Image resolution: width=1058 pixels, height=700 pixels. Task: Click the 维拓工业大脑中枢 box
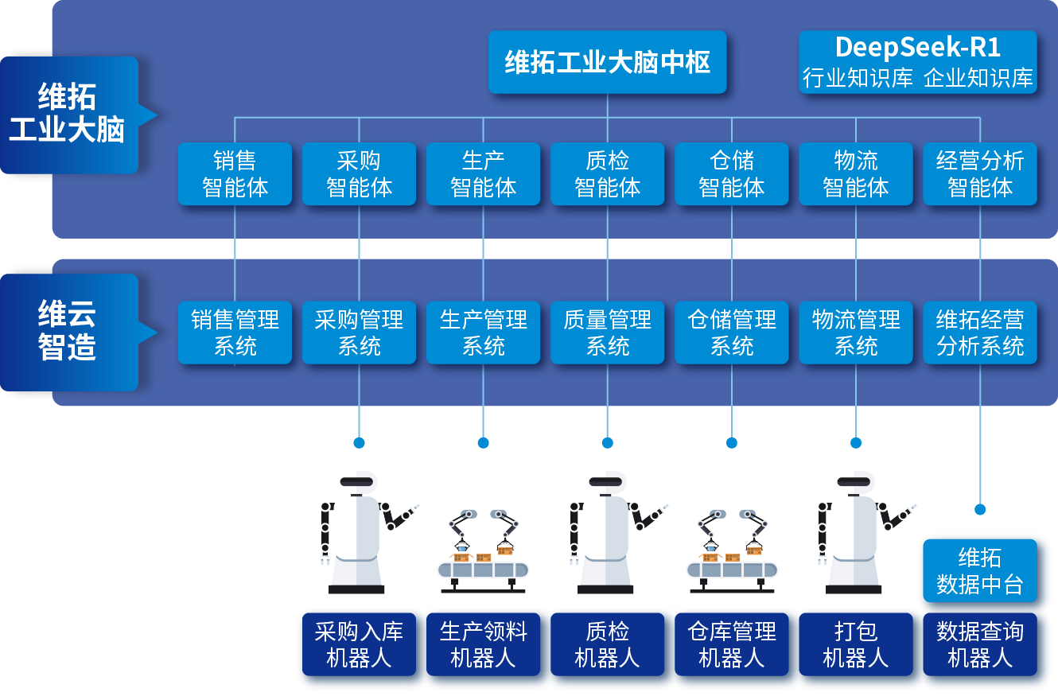[x=607, y=62]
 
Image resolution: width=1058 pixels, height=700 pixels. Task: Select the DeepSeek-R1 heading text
[x=917, y=48]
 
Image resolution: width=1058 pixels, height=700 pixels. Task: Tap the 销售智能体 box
[x=235, y=174]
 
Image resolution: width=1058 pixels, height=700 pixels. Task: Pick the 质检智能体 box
[x=607, y=174]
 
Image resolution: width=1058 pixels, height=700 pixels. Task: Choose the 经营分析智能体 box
[x=980, y=174]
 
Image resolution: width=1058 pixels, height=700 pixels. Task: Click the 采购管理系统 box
[x=359, y=332]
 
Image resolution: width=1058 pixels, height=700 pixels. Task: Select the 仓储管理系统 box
[x=731, y=332]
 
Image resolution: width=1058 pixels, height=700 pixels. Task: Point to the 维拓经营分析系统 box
[x=980, y=332]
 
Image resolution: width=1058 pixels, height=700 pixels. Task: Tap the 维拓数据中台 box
[x=980, y=570]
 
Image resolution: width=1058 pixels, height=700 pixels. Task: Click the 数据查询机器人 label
[x=980, y=645]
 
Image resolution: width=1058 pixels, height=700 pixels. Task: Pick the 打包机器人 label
[x=855, y=645]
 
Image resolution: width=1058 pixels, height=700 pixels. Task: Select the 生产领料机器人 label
[x=483, y=645]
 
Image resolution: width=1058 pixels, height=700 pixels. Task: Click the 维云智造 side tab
[x=70, y=332]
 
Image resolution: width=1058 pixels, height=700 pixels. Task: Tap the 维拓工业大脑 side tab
[x=70, y=115]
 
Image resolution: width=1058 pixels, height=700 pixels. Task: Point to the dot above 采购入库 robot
[x=359, y=443]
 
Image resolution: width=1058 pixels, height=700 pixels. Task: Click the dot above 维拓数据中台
[x=980, y=509]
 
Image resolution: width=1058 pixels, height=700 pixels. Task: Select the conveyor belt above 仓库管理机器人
[x=731, y=570]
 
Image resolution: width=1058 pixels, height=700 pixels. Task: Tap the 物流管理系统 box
[x=855, y=332]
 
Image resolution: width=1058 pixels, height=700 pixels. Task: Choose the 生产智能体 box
[x=483, y=174]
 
